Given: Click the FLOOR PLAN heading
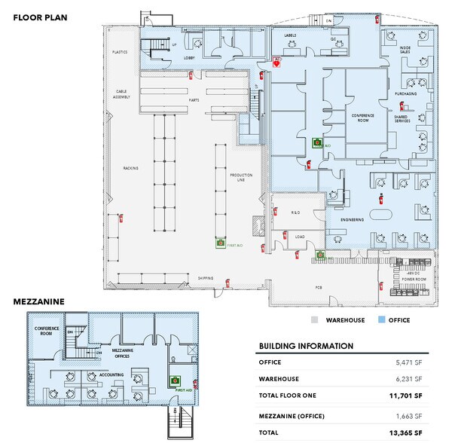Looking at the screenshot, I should tap(36, 14).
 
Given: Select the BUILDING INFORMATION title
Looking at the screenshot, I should tap(306, 346).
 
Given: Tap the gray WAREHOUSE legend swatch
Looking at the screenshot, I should tap(315, 319).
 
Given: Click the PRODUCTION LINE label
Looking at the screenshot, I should tap(241, 177).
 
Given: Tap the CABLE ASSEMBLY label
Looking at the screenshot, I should tap(121, 96).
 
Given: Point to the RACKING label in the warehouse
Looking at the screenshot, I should tap(131, 168).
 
